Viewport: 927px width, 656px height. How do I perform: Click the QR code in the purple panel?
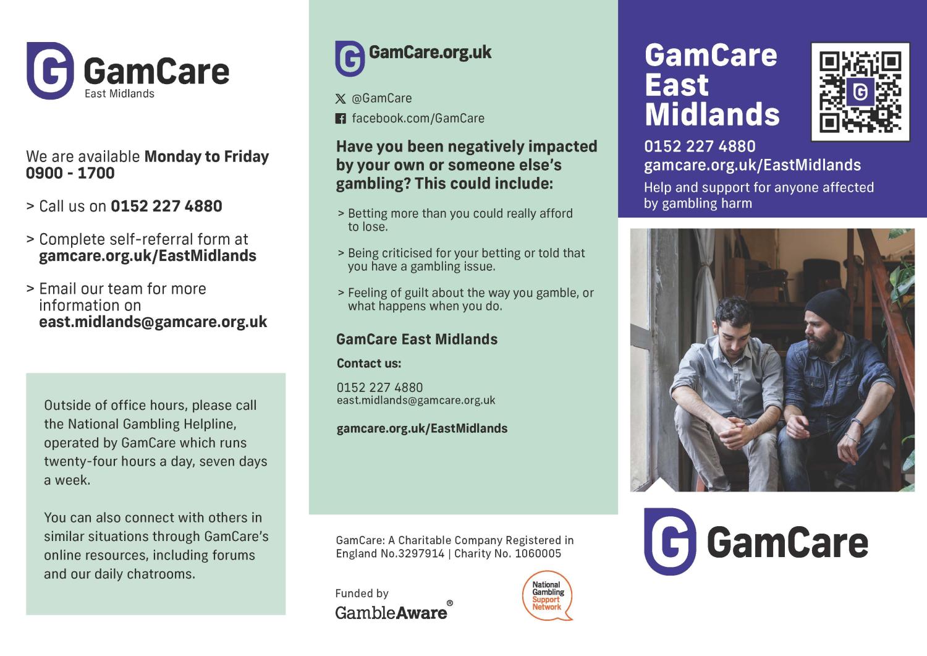(860, 92)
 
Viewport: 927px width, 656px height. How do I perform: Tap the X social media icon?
(340, 98)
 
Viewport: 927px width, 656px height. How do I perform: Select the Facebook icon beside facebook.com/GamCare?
(340, 119)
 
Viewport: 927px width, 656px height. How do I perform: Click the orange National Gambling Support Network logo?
(548, 595)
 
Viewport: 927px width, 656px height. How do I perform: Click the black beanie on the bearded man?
(828, 308)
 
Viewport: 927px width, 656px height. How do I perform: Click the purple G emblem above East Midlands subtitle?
(50, 70)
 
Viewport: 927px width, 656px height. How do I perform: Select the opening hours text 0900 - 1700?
(70, 173)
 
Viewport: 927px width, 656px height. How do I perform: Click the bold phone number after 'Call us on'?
(166, 207)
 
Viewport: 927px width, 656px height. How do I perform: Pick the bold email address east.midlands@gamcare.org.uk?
(153, 322)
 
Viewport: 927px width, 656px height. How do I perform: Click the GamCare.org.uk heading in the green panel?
(430, 53)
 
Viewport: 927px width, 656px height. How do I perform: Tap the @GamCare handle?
(381, 98)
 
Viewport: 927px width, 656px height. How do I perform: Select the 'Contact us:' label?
(369, 363)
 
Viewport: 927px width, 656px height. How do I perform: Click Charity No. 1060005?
(508, 554)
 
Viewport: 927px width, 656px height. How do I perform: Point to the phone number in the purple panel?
(700, 146)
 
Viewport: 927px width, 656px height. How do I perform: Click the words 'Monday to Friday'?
(206, 156)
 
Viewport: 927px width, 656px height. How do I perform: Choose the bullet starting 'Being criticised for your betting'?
(462, 260)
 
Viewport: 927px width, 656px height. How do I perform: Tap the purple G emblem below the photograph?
(670, 542)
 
